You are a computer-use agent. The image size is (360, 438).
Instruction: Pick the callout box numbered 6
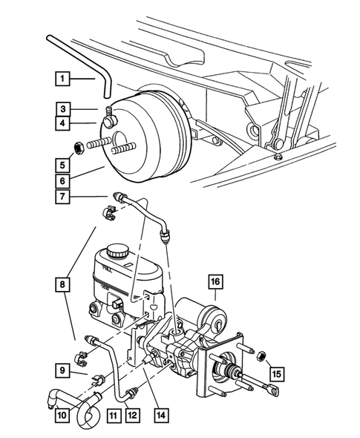62,180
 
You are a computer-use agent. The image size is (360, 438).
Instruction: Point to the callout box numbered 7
62,197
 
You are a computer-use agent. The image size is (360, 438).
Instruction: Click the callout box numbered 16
215,281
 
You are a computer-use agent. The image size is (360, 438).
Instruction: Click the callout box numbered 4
62,122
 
